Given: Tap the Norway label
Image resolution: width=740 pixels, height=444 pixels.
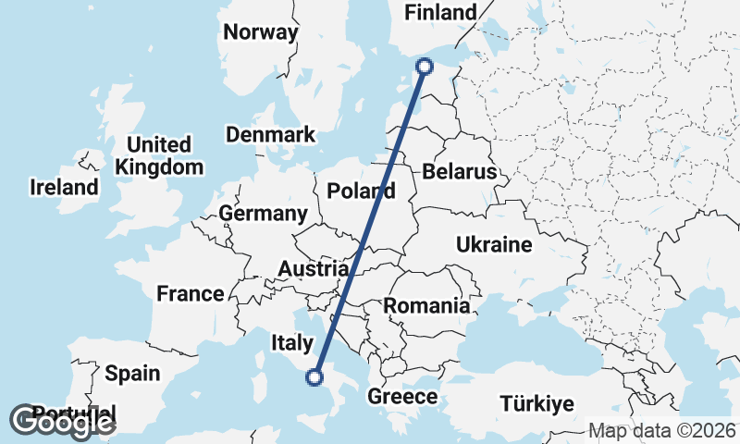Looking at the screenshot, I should (x=261, y=32).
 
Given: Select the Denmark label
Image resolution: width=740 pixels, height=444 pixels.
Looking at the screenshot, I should (x=270, y=135).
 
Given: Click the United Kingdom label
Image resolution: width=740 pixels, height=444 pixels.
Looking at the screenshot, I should (x=159, y=156).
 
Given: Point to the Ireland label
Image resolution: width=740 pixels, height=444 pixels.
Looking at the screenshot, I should (x=64, y=188).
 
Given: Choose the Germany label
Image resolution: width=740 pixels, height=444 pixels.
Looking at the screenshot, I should (x=263, y=214).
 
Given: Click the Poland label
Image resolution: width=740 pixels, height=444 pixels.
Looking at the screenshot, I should (x=361, y=191).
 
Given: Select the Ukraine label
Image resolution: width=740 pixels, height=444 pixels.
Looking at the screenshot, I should (x=494, y=245).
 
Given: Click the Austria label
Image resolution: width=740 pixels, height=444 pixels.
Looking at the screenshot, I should (x=314, y=269).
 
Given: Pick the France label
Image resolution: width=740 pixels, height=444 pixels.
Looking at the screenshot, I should (x=190, y=294).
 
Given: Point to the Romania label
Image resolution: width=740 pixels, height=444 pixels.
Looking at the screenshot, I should (x=426, y=306).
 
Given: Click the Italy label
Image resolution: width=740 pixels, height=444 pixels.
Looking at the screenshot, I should (x=291, y=343).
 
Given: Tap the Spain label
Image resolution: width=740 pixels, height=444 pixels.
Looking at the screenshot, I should (x=132, y=374).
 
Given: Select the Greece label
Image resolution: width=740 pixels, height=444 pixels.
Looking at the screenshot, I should (x=402, y=397).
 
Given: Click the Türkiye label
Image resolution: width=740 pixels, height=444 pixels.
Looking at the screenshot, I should (x=537, y=404).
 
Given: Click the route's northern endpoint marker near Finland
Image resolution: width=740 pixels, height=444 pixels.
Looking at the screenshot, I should (x=425, y=66).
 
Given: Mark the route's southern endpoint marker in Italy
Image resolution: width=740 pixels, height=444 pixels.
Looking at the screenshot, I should (x=314, y=376).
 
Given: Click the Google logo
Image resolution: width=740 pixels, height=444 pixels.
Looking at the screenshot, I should (x=63, y=422).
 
